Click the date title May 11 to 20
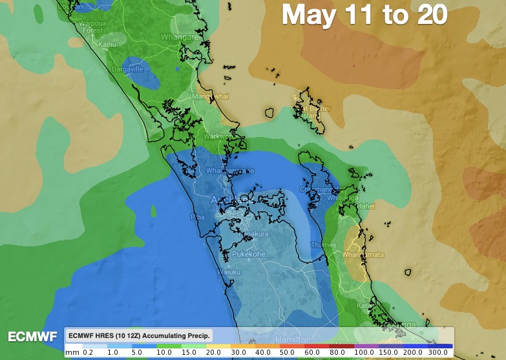[x=365, y=15]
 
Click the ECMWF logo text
[x=32, y=337]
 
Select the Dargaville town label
[x=127, y=69]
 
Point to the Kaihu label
[x=107, y=45]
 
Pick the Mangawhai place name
[x=211, y=96]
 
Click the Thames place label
[x=323, y=245]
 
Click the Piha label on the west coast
[x=197, y=217]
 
